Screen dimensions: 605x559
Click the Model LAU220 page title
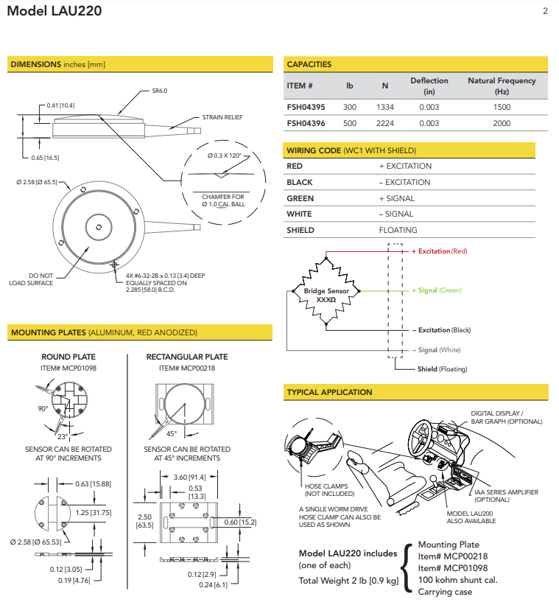click(55, 12)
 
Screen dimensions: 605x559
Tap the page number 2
click(545, 11)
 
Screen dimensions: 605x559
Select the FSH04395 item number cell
click(306, 108)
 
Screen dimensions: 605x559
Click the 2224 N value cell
click(385, 124)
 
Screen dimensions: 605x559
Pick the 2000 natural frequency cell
click(502, 124)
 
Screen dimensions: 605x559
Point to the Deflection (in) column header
click(429, 86)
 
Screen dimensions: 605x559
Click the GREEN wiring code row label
click(300, 198)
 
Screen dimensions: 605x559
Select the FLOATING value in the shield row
click(397, 231)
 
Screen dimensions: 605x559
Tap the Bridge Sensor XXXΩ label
click(326, 295)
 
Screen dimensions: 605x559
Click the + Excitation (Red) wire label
click(440, 252)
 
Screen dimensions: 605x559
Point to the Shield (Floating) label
click(443, 369)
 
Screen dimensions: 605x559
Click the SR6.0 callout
click(160, 91)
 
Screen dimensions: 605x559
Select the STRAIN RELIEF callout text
click(222, 117)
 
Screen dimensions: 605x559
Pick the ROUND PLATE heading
click(68, 357)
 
